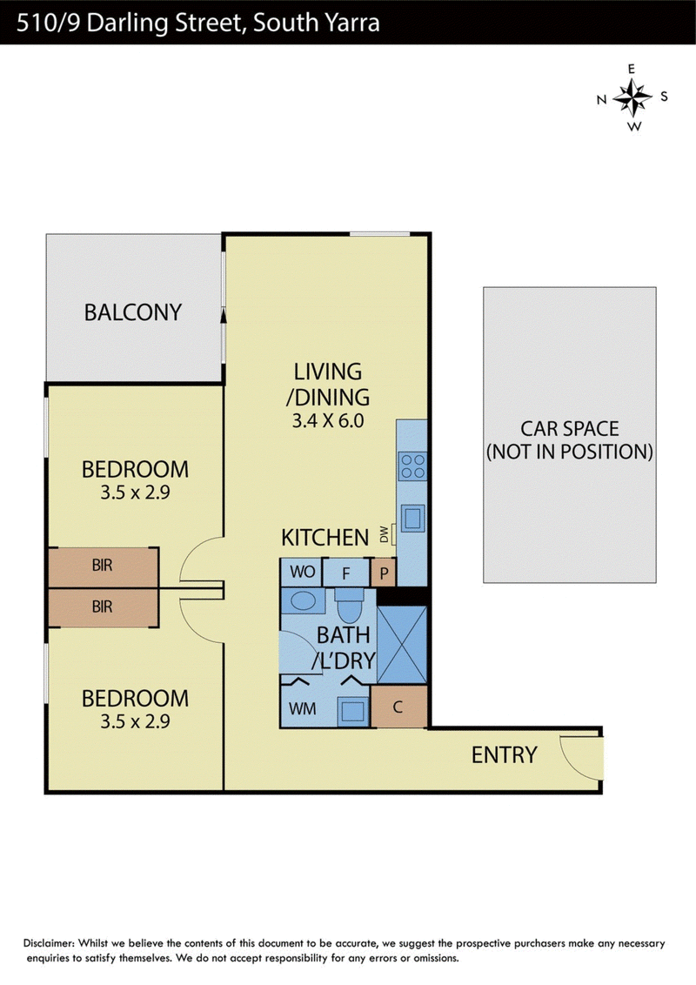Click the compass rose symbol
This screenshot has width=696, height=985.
tap(632, 97)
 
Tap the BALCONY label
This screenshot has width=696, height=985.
tap(132, 312)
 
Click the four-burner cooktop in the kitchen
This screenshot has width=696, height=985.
tap(412, 466)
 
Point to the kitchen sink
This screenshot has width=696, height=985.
tap(412, 518)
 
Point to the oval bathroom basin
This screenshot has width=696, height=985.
tap(304, 600)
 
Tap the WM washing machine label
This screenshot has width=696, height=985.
tap(302, 708)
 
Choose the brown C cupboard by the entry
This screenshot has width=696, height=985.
tap(398, 707)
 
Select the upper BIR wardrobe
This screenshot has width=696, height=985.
tap(102, 566)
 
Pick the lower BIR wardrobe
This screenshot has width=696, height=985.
tap(102, 606)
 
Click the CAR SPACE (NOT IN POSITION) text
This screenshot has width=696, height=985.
tap(569, 439)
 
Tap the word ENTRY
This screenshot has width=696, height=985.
tap(504, 754)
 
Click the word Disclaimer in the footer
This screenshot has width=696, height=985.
tap(49, 943)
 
